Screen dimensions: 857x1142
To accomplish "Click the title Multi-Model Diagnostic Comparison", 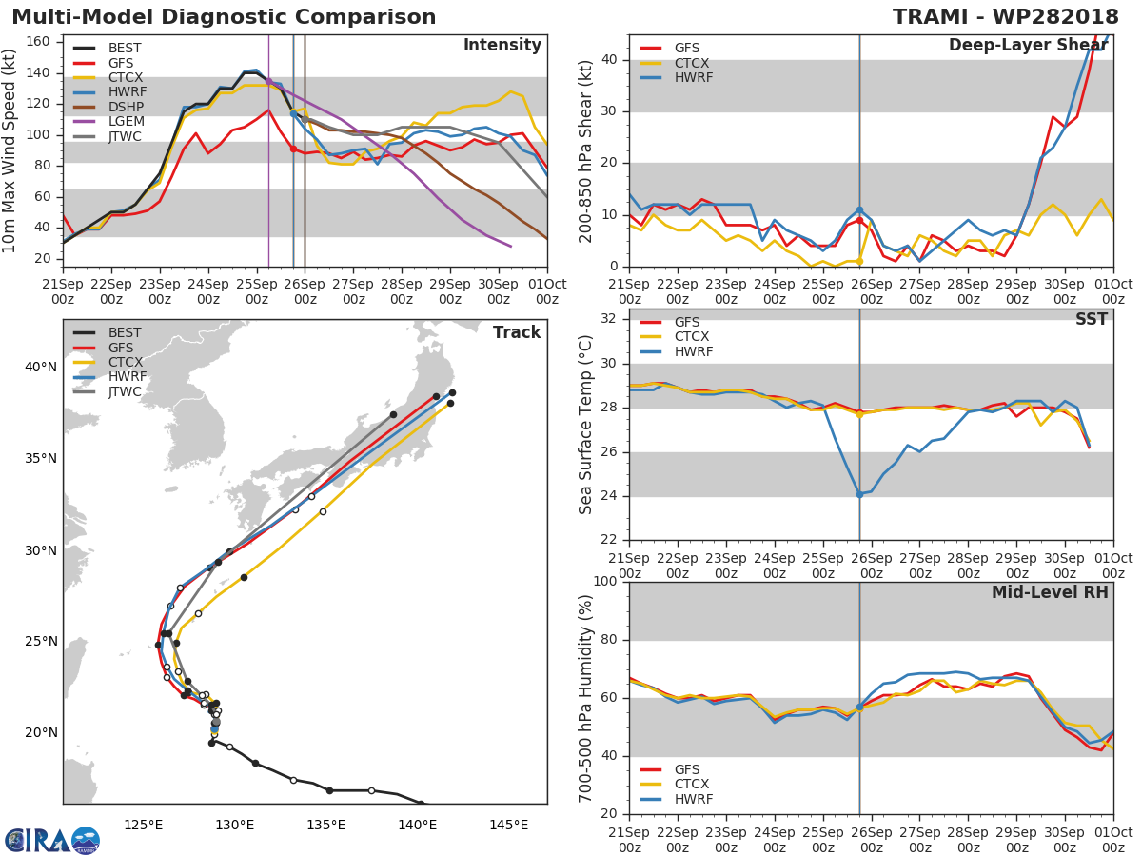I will [224, 17].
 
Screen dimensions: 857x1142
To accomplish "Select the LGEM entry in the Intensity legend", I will [125, 122].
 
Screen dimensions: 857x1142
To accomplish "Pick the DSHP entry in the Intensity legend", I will [125, 107].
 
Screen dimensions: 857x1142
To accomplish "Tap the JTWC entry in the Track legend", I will [125, 391].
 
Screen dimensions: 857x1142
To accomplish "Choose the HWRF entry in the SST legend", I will [693, 351].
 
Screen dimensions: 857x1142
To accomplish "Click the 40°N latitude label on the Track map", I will [41, 368].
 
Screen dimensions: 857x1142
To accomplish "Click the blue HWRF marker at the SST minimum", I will [859, 494].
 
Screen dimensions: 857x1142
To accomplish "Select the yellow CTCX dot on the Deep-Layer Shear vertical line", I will [859, 261].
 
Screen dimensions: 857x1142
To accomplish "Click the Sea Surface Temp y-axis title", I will [585, 425].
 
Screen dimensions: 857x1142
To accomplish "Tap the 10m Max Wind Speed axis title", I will [10, 150].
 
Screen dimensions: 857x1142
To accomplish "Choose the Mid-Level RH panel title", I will [1050, 592].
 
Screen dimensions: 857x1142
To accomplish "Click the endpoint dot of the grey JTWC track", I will [393, 414].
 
